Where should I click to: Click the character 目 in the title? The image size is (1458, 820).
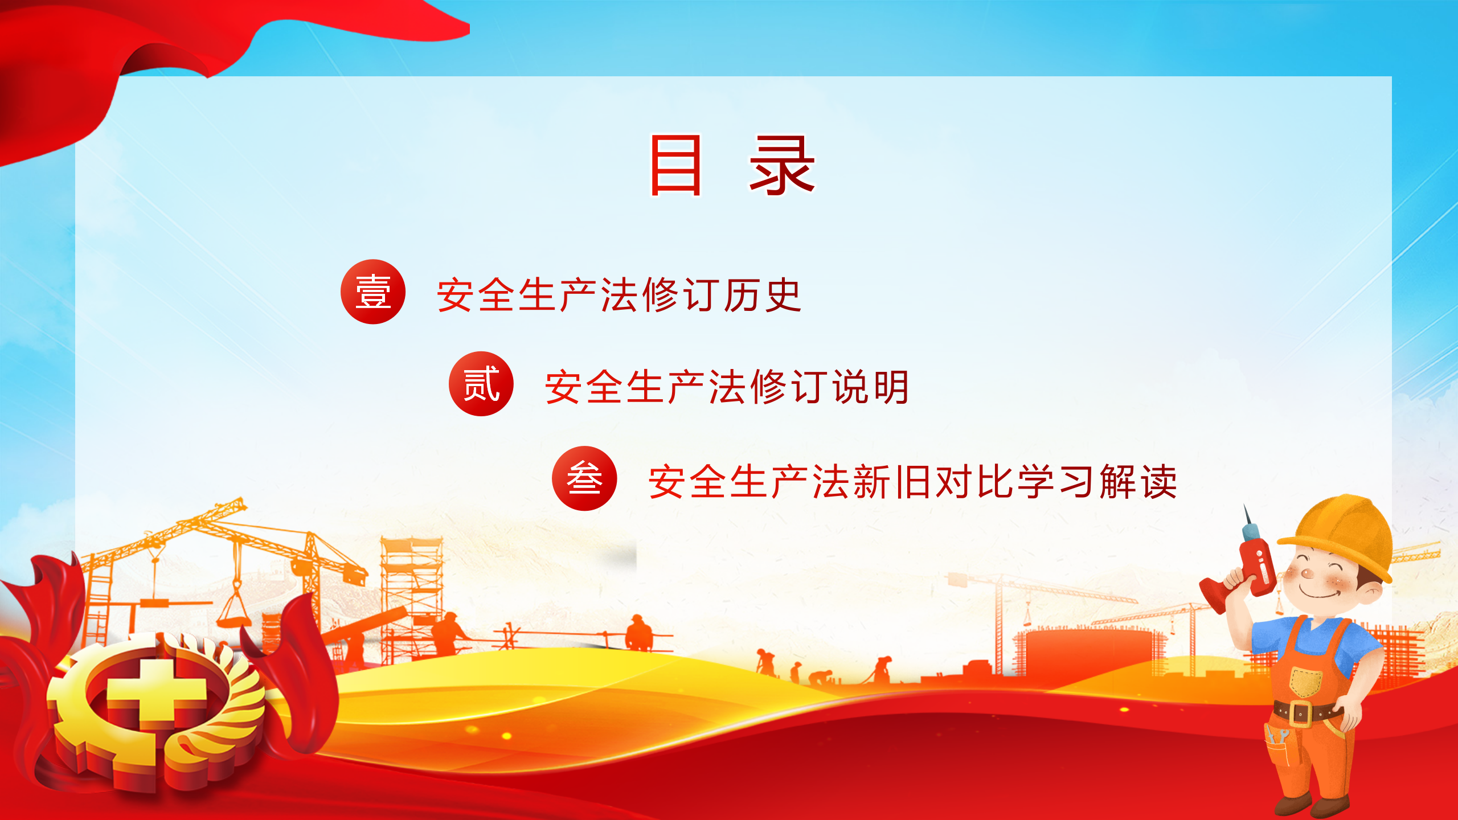[675, 165]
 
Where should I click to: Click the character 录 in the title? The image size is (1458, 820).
[782, 165]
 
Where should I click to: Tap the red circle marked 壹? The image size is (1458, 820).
[373, 292]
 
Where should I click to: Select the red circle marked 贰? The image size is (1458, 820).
[481, 384]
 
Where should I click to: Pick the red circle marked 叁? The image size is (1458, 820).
[584, 478]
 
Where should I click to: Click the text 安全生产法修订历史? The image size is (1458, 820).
[619, 295]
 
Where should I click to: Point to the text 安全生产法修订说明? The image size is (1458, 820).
[727, 387]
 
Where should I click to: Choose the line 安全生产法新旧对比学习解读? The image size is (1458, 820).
[912, 482]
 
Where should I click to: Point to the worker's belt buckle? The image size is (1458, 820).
[1302, 714]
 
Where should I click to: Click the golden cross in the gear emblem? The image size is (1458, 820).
[156, 695]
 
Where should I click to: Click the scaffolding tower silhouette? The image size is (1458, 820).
[411, 598]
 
